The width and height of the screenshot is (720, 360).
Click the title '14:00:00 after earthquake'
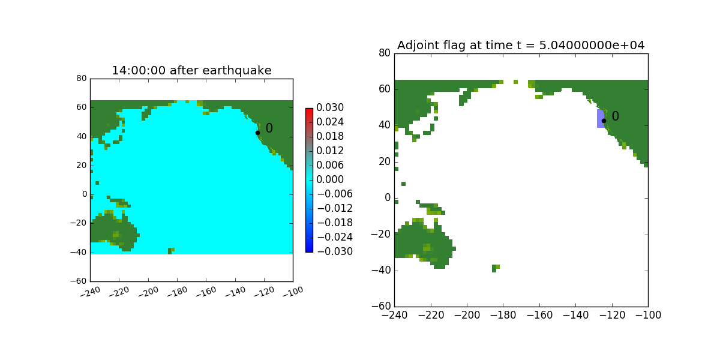[191, 71]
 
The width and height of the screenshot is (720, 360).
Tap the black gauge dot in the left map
[257, 133]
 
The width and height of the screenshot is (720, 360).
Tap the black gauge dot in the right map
[604, 121]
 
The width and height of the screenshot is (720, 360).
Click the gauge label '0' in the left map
[269, 128]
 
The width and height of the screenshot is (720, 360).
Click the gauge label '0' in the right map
[615, 117]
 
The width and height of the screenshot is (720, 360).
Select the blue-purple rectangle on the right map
[600, 118]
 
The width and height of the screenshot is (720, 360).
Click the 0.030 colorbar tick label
[331, 108]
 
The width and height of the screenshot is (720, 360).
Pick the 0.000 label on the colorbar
[331, 179]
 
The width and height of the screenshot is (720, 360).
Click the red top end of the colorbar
[309, 111]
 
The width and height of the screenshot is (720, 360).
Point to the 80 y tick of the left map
[82, 79]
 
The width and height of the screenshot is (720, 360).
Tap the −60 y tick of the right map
[381, 307]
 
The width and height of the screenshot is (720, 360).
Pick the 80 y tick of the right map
[384, 53]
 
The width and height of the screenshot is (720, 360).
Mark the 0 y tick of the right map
[387, 198]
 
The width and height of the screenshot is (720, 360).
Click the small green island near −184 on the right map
[495, 268]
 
